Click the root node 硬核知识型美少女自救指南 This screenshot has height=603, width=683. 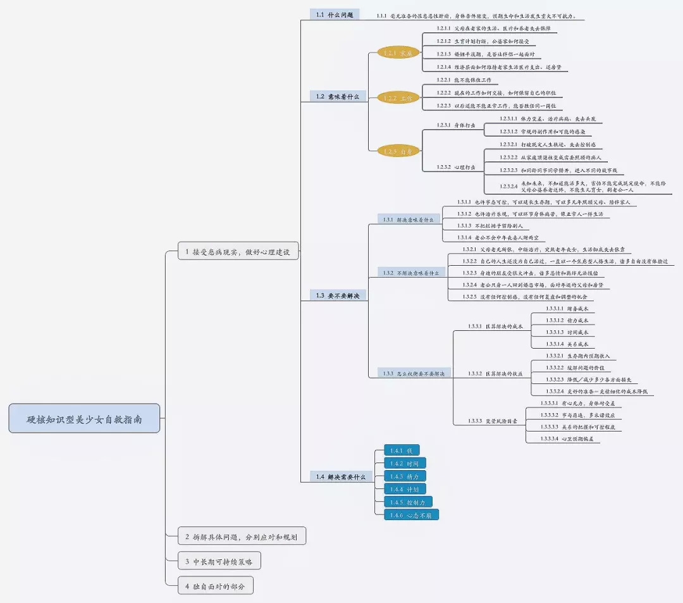[x=84, y=418]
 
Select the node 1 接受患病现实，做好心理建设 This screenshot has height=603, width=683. [x=238, y=251]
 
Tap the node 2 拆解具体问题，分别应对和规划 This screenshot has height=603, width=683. [x=242, y=537]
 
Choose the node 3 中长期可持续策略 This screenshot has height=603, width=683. [x=219, y=561]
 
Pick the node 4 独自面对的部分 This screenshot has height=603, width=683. [x=215, y=587]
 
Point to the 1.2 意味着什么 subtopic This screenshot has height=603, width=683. [x=338, y=96]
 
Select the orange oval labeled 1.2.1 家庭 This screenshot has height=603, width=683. [x=398, y=53]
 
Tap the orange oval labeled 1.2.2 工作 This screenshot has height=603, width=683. [x=398, y=98]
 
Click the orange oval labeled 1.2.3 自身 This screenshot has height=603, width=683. [x=398, y=151]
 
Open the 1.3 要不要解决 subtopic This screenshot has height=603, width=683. [x=338, y=295]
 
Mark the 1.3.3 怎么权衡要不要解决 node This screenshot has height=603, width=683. [x=414, y=373]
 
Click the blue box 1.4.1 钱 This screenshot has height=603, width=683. [x=402, y=451]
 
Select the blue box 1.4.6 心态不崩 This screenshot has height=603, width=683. [x=411, y=515]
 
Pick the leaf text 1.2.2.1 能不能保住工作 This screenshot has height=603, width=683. [x=467, y=80]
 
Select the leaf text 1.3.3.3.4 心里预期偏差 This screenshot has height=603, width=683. [x=570, y=438]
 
